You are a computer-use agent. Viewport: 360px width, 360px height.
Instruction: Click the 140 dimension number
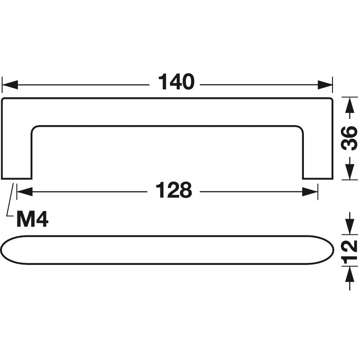click(176, 82)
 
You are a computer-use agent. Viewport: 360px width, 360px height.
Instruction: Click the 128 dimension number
click(174, 191)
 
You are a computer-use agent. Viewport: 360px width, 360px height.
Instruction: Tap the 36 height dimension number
click(350, 138)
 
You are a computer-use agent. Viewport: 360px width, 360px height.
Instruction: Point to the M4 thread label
click(32, 219)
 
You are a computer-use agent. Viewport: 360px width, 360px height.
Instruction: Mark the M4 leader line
click(9, 204)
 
